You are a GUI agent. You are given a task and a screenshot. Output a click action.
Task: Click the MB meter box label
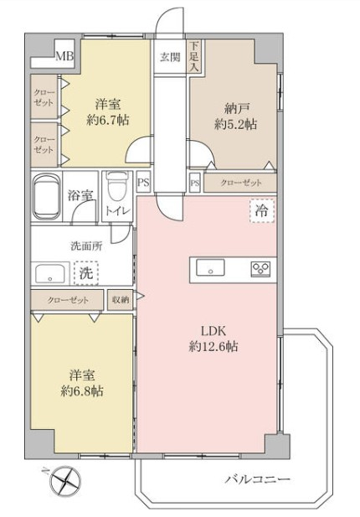tap(64, 56)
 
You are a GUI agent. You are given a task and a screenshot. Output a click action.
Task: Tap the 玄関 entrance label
tap(170, 57)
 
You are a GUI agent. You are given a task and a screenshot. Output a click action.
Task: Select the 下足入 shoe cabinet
tap(194, 56)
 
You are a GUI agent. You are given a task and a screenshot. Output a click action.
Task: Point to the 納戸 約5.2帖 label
tap(236, 116)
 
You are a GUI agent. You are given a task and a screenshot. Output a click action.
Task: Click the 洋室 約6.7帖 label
tap(108, 112)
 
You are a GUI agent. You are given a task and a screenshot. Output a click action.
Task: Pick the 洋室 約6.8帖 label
tap(82, 383)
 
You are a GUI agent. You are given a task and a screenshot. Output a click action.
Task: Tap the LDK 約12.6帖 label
tap(213, 339)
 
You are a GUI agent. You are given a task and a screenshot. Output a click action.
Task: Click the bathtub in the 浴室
tap(47, 197)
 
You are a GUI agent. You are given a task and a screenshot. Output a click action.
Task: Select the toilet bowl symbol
tap(115, 188)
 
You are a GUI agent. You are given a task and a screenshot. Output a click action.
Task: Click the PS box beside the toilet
tap(143, 183)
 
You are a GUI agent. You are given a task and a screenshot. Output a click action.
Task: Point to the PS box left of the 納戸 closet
tap(195, 183)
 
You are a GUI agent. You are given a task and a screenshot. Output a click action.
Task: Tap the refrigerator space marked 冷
tap(262, 210)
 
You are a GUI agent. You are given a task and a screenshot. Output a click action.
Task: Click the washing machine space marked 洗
tap(86, 273)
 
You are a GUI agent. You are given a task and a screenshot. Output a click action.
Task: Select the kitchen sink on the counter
tap(210, 267)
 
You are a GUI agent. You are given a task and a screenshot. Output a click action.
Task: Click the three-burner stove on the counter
tap(260, 269)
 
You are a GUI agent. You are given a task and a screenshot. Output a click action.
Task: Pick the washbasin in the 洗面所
tap(50, 274)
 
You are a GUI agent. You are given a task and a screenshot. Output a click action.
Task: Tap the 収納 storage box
tap(121, 300)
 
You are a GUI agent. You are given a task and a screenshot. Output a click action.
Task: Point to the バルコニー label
tap(258, 478)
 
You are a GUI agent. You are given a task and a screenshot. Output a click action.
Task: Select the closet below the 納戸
tap(239, 183)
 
